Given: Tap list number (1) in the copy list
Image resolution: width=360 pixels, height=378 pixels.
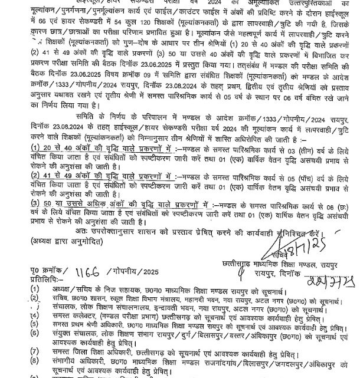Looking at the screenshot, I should [36, 289].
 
